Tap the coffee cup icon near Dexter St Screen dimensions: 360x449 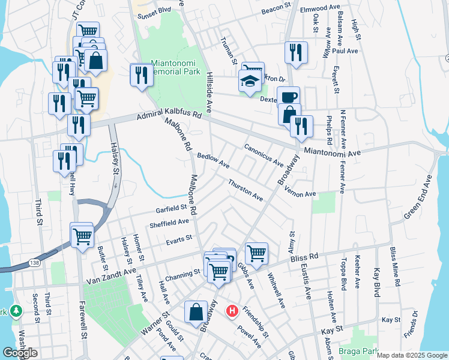(x=288, y=97)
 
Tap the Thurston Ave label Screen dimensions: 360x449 (x=245, y=190)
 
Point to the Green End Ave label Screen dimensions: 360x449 (x=418, y=197)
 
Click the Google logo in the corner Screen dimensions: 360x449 (x=20, y=353)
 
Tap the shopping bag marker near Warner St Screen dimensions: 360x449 (x=196, y=312)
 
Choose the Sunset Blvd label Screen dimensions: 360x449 (x=154, y=10)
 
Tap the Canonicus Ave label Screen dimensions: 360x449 (x=264, y=154)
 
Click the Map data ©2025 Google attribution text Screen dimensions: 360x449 (x=411, y=355)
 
